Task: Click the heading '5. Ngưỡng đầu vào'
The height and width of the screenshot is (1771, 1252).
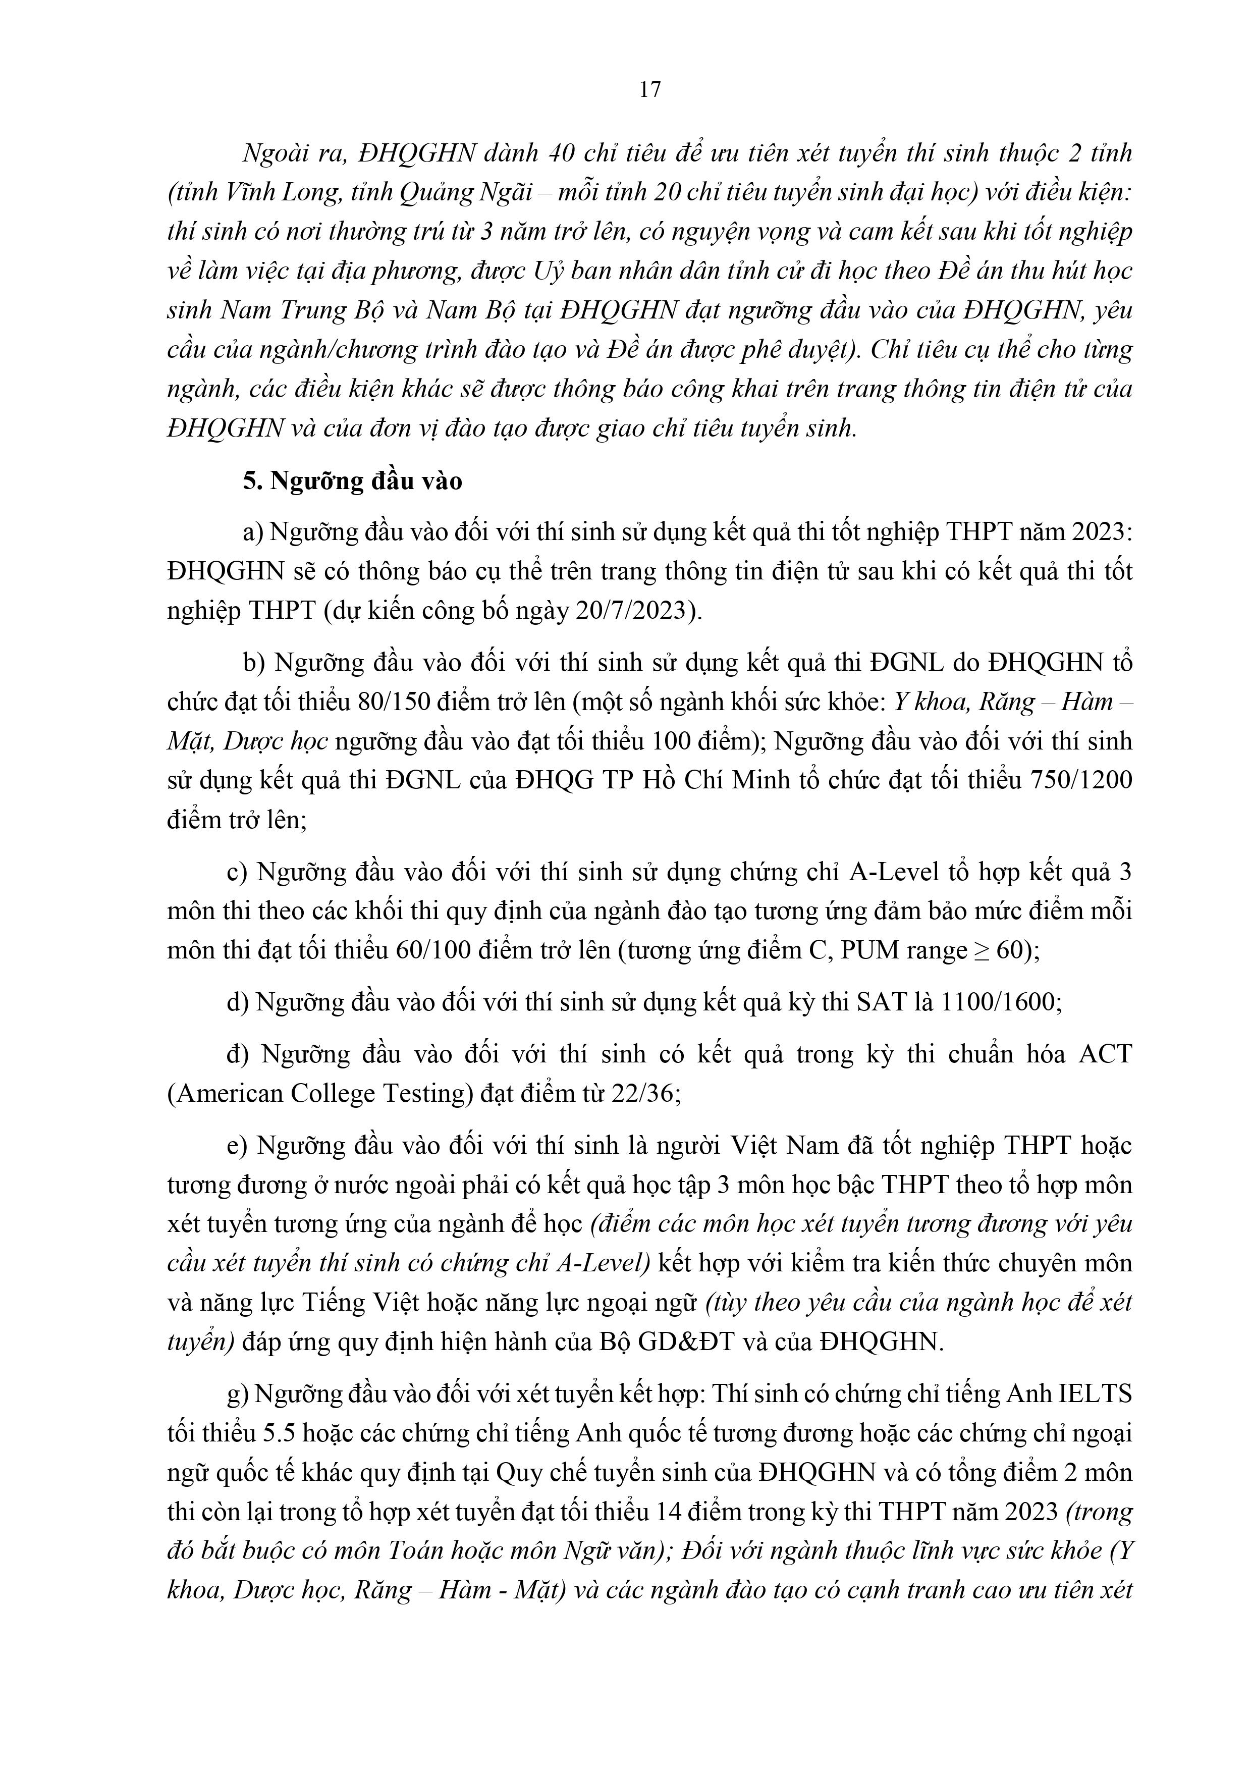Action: tap(353, 480)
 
